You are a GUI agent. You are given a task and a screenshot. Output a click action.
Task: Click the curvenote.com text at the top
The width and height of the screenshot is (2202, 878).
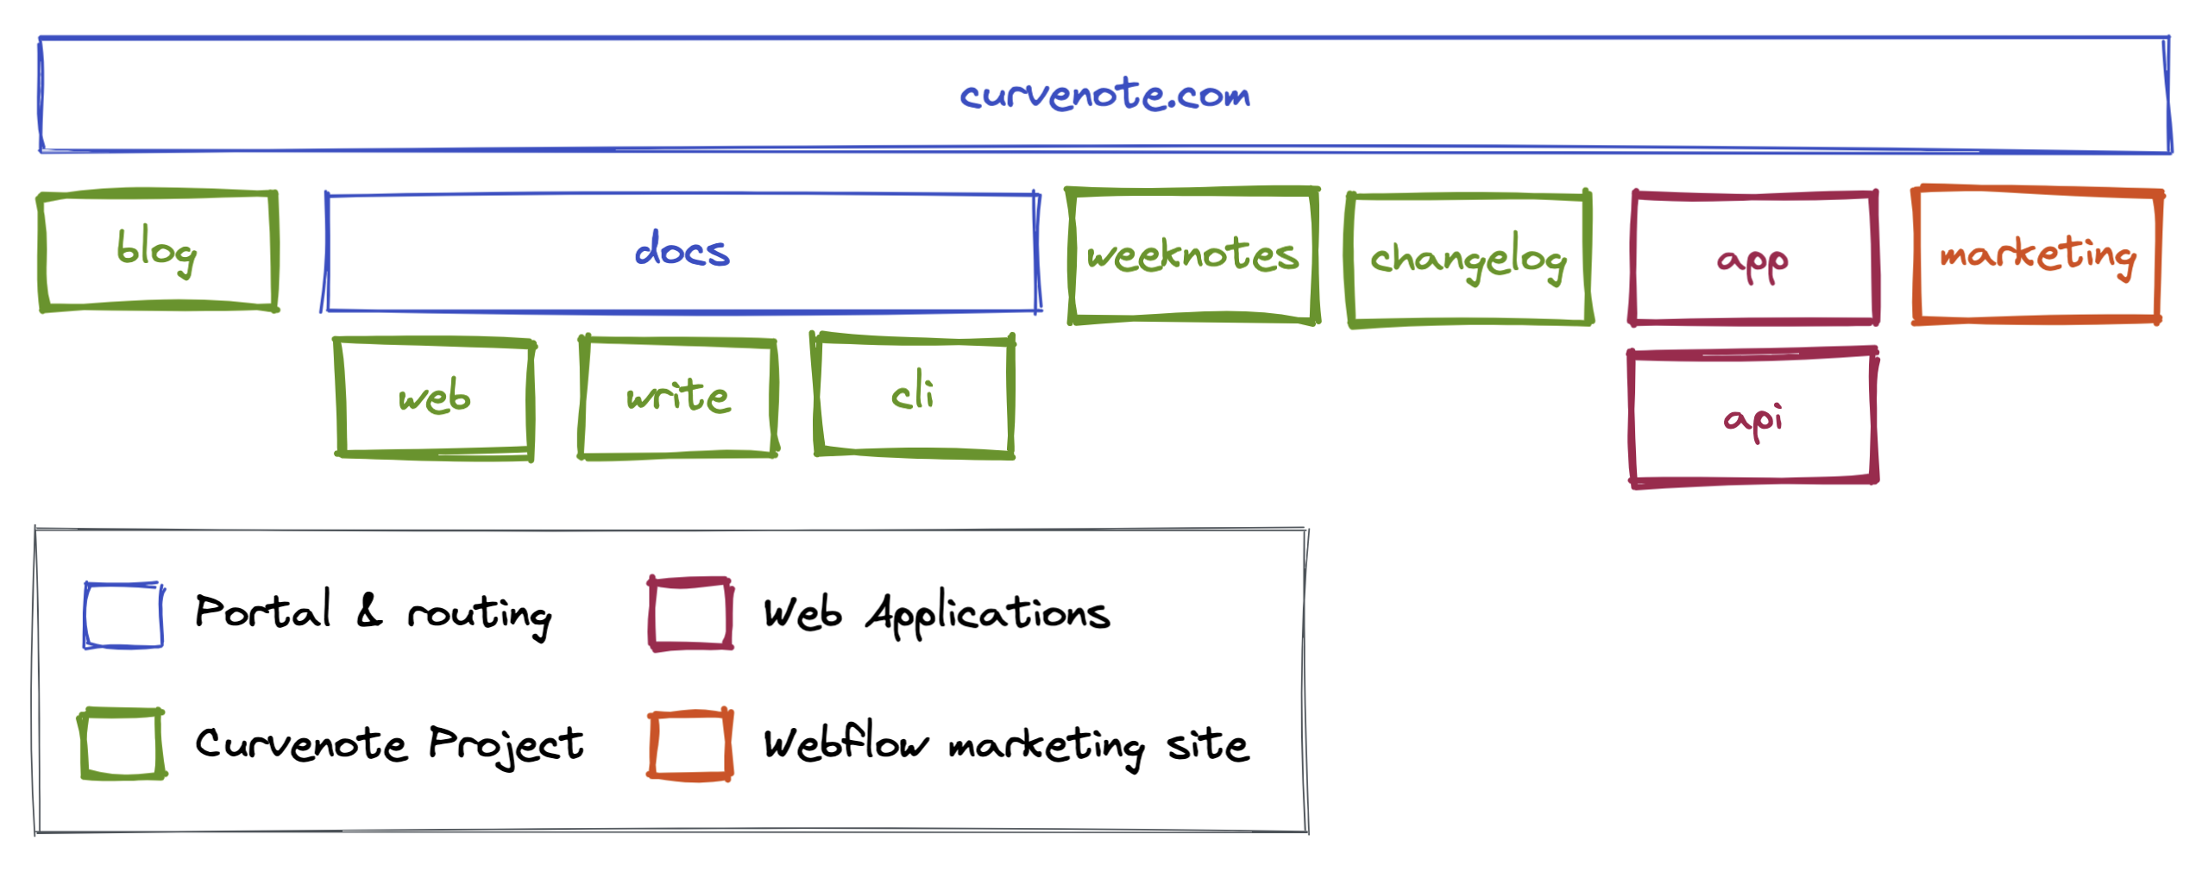(x=1104, y=93)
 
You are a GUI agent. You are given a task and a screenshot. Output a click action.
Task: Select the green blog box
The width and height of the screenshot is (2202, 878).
(x=158, y=250)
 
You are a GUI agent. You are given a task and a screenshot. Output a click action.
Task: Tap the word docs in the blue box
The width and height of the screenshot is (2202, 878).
(x=682, y=250)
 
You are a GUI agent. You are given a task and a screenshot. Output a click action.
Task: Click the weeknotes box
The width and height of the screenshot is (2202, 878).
(x=1192, y=255)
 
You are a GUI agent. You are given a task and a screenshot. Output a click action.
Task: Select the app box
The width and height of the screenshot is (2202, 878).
(x=1752, y=260)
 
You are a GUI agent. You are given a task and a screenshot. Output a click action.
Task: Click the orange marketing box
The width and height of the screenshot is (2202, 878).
(x=2036, y=254)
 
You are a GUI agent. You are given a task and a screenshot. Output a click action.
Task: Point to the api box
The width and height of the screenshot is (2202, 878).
(x=1752, y=418)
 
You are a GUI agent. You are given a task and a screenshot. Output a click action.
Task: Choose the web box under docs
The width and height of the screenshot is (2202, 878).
(x=434, y=398)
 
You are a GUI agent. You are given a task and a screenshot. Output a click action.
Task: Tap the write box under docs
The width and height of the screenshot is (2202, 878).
(x=678, y=397)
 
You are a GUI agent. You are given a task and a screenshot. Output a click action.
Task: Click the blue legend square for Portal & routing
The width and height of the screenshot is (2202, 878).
(x=123, y=615)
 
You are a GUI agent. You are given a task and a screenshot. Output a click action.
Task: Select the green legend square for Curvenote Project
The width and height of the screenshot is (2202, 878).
(x=123, y=743)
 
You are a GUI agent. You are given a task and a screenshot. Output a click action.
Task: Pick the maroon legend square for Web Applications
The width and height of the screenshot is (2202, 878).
(x=690, y=614)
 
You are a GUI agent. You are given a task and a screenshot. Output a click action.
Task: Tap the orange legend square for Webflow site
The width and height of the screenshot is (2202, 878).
(x=690, y=745)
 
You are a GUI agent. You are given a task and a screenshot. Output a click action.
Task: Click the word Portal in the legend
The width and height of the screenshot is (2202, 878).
(x=262, y=611)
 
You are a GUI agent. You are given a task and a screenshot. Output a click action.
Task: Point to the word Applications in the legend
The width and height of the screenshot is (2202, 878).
(x=988, y=614)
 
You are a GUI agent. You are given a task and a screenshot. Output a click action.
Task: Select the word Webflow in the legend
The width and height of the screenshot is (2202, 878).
(x=846, y=743)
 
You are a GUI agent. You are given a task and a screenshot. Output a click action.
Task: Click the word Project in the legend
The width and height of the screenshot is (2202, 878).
(x=506, y=743)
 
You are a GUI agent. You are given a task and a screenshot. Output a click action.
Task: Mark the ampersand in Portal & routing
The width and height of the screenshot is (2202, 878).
(x=369, y=611)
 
